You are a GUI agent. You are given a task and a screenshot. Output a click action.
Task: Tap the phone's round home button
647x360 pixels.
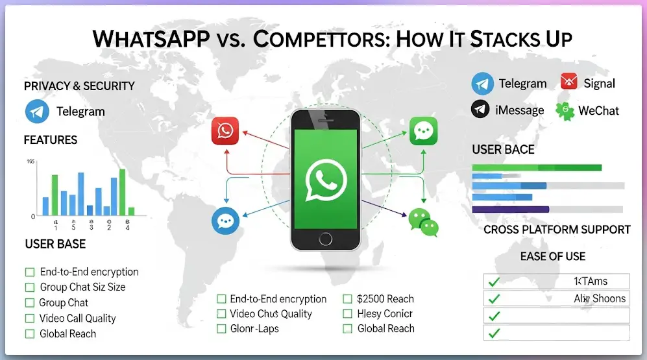pos(325,239)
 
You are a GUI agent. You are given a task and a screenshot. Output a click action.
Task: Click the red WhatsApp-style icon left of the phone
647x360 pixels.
pos(225,131)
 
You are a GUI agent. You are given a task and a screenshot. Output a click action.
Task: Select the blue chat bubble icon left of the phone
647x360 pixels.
pos(225,221)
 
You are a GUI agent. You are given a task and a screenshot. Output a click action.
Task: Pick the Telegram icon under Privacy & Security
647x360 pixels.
pos(37,111)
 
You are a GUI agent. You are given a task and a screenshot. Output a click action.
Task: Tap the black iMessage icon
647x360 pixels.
pos(480,110)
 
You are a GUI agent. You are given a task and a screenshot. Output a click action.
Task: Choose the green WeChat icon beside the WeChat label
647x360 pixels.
pos(565,110)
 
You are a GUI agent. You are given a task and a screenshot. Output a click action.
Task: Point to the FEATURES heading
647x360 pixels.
pos(50,140)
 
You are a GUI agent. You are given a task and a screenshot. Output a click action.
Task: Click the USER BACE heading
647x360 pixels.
pos(503,150)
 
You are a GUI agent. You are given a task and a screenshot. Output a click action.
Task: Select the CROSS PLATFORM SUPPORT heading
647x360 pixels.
pos(557,230)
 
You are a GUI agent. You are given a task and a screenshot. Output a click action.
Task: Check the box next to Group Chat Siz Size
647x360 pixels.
pos(29,287)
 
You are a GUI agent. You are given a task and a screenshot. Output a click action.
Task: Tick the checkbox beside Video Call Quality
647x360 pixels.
pos(29,318)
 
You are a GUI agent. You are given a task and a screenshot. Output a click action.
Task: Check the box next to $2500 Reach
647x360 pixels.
pos(347,299)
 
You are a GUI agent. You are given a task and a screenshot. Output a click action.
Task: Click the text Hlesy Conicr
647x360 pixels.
pos(385,314)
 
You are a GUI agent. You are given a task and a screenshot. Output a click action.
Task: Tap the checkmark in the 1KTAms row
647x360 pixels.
pos(494,282)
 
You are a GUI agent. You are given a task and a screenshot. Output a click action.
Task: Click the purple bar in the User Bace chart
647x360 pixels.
pos(510,209)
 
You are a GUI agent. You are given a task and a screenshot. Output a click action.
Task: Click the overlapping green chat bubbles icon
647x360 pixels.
pos(424,222)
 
